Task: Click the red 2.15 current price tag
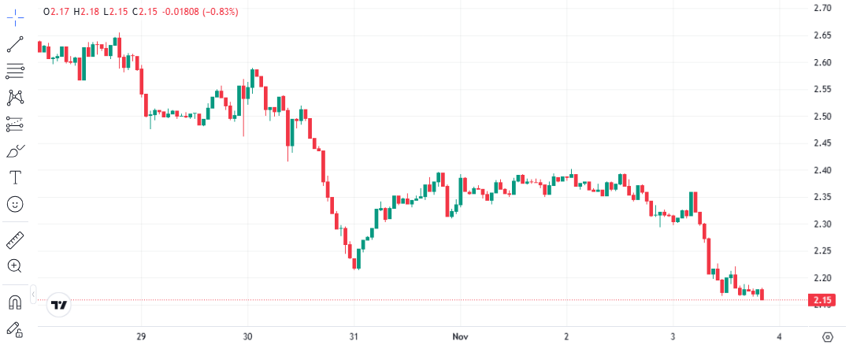(823, 300)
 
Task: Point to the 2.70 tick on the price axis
(822, 8)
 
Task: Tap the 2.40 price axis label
(822, 170)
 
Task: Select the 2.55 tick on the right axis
(822, 89)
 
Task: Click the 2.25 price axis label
(822, 251)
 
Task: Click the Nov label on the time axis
(461, 336)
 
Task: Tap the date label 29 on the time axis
(142, 336)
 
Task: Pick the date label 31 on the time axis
(354, 336)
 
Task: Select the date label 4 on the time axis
(779, 336)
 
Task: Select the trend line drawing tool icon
(15, 43)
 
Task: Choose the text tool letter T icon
(15, 176)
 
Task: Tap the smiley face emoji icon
(15, 204)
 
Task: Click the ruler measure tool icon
(15, 239)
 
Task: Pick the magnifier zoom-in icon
(15, 265)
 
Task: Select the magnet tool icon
(15, 302)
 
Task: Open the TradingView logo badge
(59, 304)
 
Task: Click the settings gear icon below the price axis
(827, 337)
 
